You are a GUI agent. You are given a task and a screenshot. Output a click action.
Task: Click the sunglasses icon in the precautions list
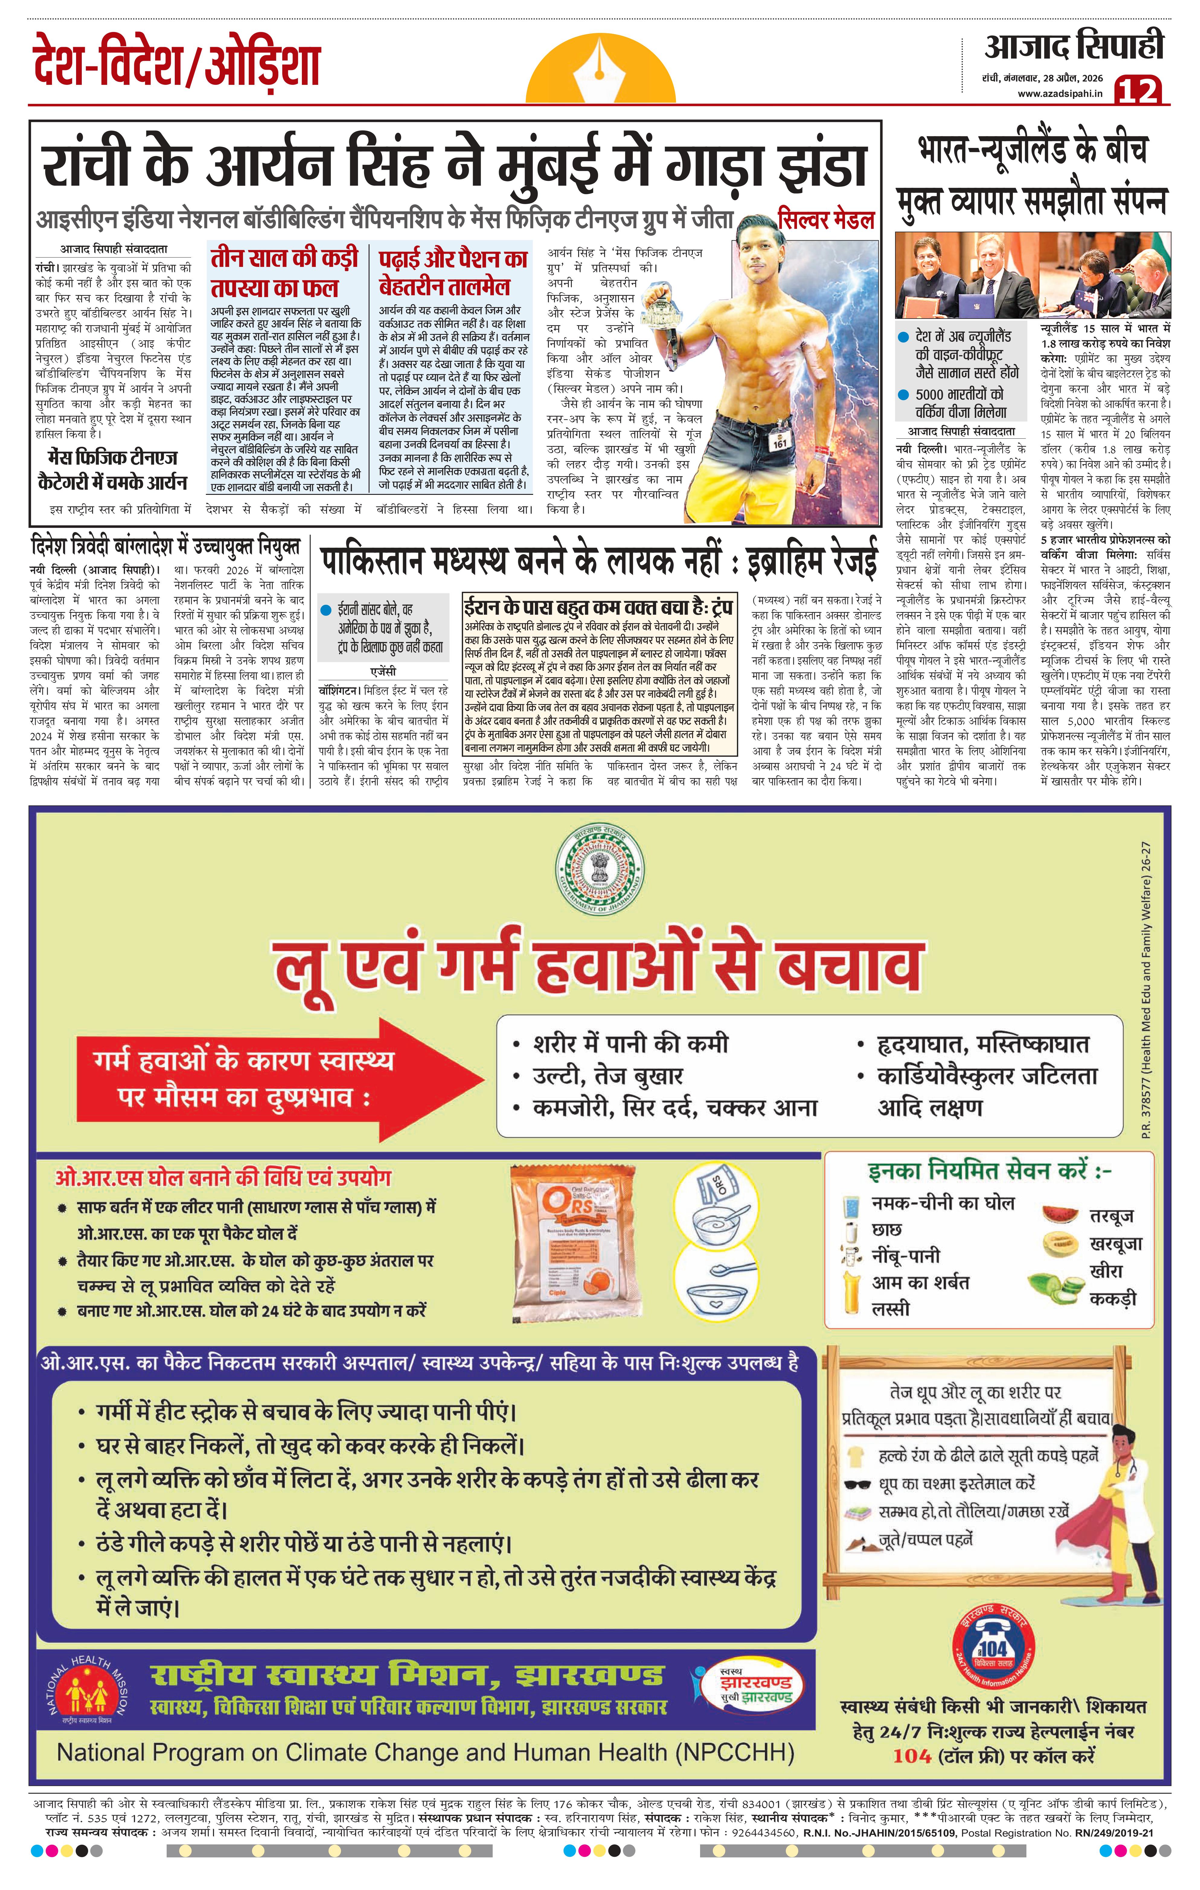pyautogui.click(x=857, y=1483)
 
